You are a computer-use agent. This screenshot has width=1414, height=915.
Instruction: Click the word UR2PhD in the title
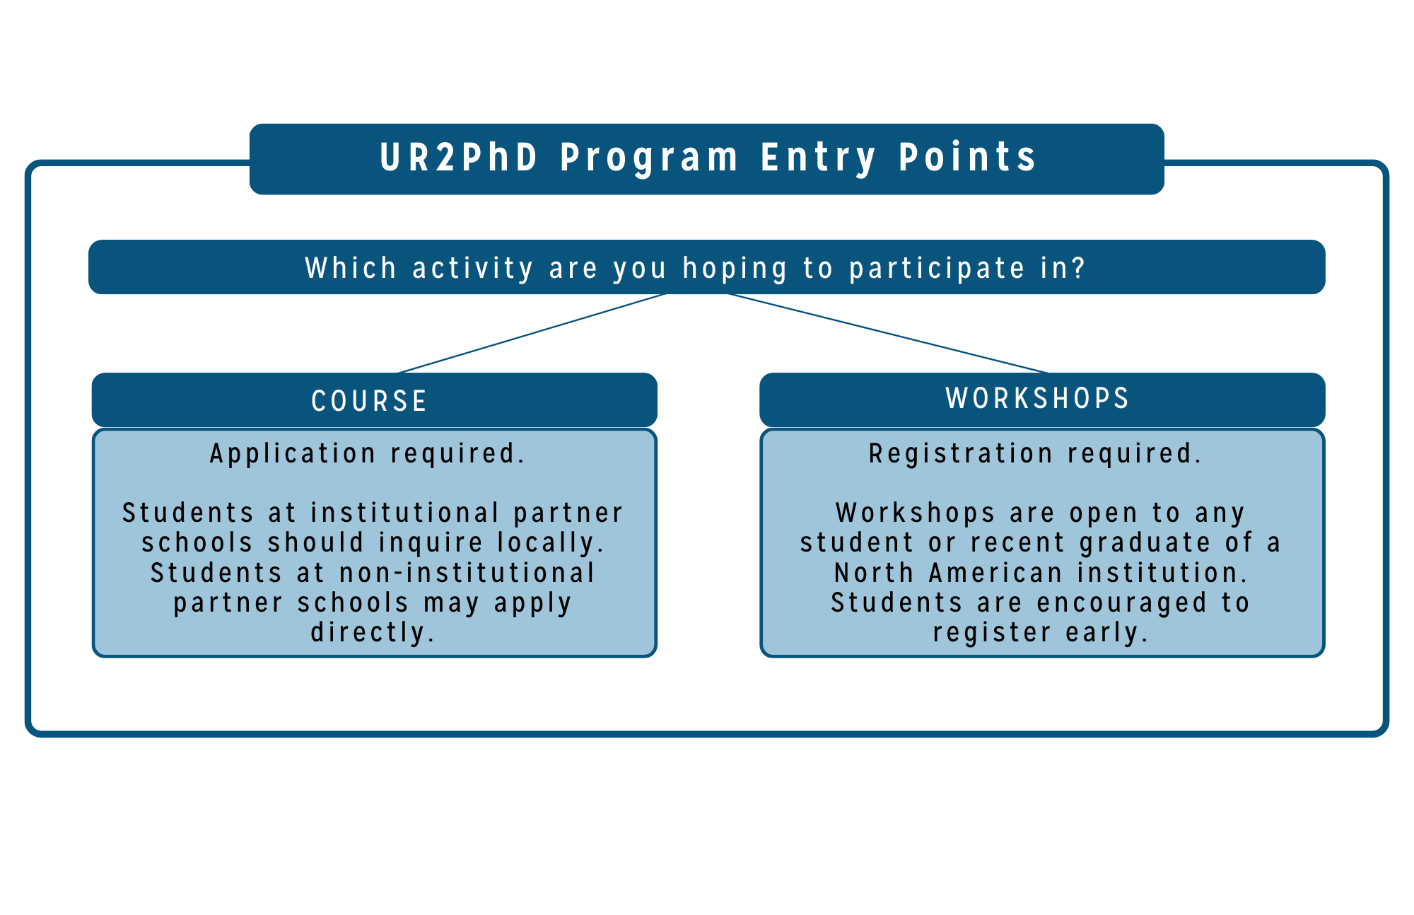coord(460,157)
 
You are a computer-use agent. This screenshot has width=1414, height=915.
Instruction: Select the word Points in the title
coord(967,157)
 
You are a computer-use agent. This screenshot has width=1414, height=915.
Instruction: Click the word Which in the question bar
coord(351,268)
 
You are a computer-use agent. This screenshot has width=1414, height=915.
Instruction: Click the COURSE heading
coord(370,401)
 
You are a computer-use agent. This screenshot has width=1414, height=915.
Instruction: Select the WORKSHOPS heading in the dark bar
coord(1038,398)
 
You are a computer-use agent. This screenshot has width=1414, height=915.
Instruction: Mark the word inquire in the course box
coord(431,543)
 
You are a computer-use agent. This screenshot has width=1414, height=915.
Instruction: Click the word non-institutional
coord(468,573)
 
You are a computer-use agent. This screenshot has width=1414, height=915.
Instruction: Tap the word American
coord(996,573)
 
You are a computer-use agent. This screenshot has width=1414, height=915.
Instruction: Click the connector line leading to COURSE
coord(532,333)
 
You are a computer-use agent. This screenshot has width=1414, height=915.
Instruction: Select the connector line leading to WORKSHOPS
coord(888,333)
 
